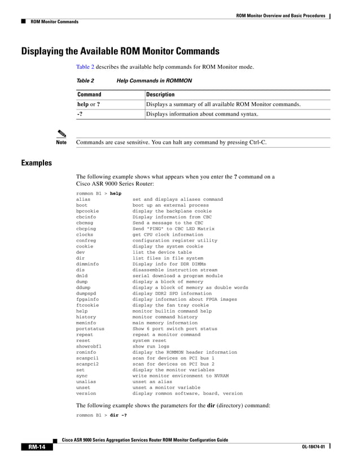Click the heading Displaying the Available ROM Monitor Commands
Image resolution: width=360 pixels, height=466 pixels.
[x=120, y=51]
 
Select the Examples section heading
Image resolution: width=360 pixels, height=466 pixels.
[x=36, y=163]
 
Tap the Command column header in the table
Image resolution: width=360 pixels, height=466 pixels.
[x=89, y=94]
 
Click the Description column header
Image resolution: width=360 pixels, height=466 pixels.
[x=160, y=94]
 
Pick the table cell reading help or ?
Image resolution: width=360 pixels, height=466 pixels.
[x=89, y=104]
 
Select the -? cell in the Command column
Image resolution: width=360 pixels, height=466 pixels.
[x=80, y=114]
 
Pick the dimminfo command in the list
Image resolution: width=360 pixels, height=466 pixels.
[x=87, y=264]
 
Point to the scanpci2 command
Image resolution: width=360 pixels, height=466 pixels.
[x=87, y=364]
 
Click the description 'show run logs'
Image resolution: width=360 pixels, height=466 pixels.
[x=147, y=346]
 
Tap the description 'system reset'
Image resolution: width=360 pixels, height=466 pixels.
[x=150, y=340]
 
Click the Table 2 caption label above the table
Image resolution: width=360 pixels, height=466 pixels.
[x=85, y=81]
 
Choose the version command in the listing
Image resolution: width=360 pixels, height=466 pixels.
[x=86, y=393]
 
